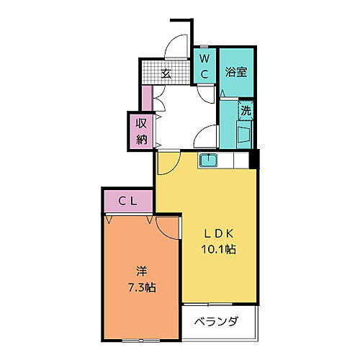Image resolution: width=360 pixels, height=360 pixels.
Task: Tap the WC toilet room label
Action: click(x=204, y=66)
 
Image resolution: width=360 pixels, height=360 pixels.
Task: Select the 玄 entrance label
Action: click(x=165, y=73)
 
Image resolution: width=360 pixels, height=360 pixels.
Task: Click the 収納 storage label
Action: click(x=141, y=131)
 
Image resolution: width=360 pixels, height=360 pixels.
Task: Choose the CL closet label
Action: click(x=127, y=201)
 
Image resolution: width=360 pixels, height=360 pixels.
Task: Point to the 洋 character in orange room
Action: click(x=142, y=271)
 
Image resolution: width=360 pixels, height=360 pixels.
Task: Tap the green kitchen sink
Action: click(x=210, y=160)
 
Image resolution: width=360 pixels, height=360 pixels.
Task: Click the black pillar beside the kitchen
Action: click(x=254, y=160)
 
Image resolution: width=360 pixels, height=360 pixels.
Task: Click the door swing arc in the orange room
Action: click(x=167, y=226)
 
